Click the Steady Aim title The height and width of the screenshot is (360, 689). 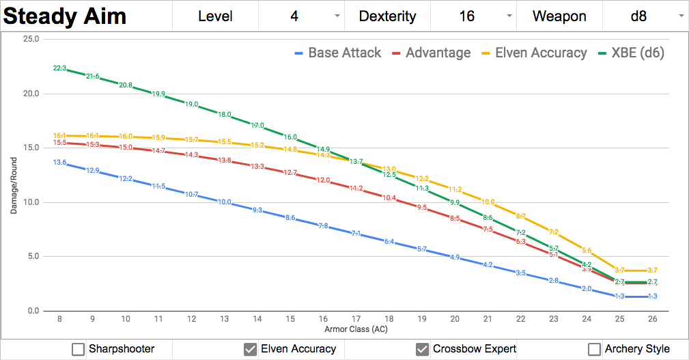point(65,16)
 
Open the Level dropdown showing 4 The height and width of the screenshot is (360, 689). point(301,16)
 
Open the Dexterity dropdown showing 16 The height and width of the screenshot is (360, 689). point(473,16)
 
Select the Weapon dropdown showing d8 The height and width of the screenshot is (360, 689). point(645,16)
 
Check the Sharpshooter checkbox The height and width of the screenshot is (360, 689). point(78,349)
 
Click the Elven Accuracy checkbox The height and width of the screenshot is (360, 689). point(250,349)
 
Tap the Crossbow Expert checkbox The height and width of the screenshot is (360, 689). point(422,349)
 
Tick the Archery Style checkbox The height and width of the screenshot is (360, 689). point(594,349)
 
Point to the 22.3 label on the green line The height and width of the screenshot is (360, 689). point(59,68)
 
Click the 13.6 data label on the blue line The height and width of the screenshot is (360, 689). point(59,163)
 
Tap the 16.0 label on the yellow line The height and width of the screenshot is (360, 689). point(126,137)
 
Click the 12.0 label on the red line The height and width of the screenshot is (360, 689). point(323,180)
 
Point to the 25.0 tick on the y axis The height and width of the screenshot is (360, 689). point(31,39)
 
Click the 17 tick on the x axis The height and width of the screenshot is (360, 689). point(356,319)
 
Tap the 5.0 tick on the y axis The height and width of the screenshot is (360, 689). point(33,257)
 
